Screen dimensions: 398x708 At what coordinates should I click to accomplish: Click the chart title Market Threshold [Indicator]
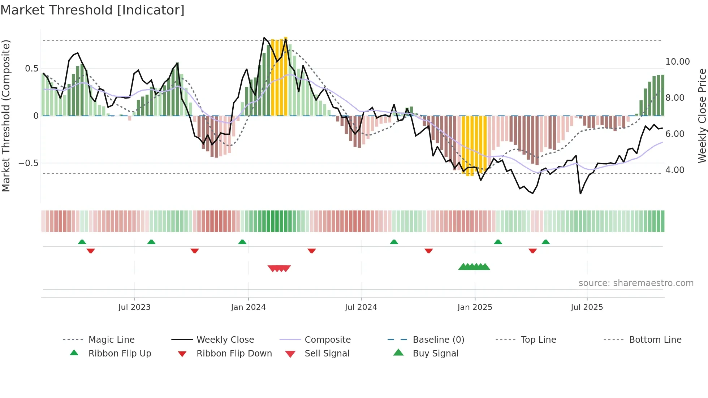tap(92, 10)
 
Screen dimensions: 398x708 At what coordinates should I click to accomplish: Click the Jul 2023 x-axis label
tap(134, 307)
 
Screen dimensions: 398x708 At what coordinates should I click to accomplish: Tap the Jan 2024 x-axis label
tap(248, 307)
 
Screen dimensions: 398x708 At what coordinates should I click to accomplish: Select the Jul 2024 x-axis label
tap(361, 307)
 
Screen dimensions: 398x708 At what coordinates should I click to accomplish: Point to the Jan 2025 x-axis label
tap(475, 307)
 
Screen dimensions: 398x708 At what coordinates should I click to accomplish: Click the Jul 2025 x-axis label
tap(587, 307)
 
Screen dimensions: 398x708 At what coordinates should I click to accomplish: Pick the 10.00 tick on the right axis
tap(677, 62)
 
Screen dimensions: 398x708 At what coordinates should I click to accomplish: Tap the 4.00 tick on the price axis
tap(674, 170)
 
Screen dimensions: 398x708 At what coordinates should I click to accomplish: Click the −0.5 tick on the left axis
tap(28, 163)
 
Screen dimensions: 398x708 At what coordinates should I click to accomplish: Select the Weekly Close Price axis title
tap(702, 116)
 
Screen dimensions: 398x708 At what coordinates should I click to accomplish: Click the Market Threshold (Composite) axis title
tap(6, 116)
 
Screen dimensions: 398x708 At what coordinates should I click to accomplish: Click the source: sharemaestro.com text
tap(636, 283)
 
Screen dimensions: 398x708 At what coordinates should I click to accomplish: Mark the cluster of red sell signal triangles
tap(279, 268)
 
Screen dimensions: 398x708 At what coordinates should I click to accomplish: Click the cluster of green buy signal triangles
tap(474, 267)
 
